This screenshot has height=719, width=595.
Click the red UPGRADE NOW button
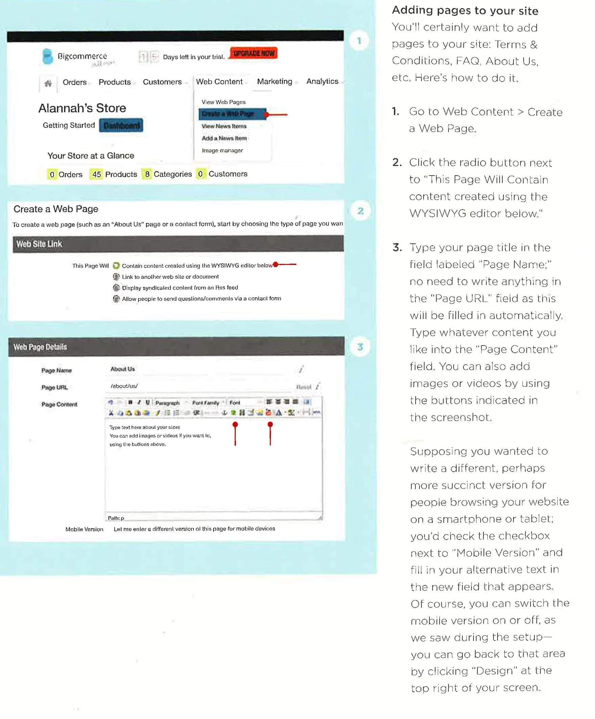[x=254, y=53]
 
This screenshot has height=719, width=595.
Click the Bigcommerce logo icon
[x=48, y=57]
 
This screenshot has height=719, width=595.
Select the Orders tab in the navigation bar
[x=75, y=82]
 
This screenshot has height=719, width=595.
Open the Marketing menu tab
[x=274, y=82]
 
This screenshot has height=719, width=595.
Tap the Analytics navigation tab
[x=322, y=81]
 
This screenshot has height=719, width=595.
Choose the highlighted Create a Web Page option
[x=232, y=114]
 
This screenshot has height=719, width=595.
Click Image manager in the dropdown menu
[x=222, y=150]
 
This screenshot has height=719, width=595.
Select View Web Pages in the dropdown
[x=223, y=102]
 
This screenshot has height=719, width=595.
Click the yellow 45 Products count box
[x=96, y=174]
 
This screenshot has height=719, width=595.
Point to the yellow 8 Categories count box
[x=147, y=174]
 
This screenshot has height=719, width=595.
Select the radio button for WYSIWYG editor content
[x=116, y=266]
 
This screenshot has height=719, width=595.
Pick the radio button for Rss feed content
[x=116, y=288]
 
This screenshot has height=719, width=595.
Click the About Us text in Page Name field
[x=122, y=369]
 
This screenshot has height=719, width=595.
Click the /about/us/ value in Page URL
[x=124, y=386]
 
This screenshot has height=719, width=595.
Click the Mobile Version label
[x=84, y=529]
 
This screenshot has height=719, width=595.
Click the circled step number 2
[x=360, y=211]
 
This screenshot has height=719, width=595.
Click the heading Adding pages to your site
[x=464, y=10]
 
